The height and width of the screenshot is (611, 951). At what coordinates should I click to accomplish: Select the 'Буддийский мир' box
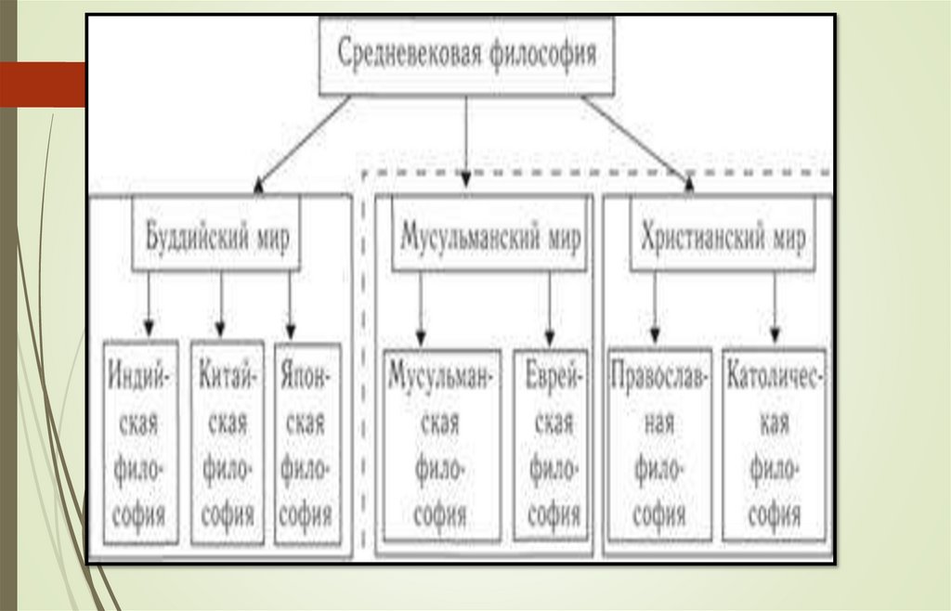[216, 236]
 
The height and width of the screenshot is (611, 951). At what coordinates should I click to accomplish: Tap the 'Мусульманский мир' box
[490, 236]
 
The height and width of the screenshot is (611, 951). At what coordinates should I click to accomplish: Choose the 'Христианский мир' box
[723, 236]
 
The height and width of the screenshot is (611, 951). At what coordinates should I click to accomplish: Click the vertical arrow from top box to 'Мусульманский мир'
[465, 139]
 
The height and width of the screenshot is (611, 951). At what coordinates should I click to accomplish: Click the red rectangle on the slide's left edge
[43, 84]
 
